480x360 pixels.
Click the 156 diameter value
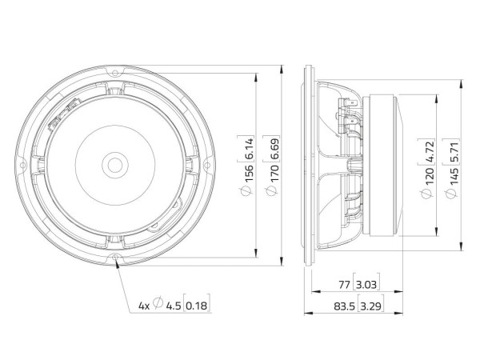pos(249,171)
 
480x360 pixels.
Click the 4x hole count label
pos(144,305)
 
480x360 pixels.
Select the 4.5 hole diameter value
pos(173,305)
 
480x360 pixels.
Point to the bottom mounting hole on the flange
pos(118,258)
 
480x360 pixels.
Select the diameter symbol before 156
pos(249,192)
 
